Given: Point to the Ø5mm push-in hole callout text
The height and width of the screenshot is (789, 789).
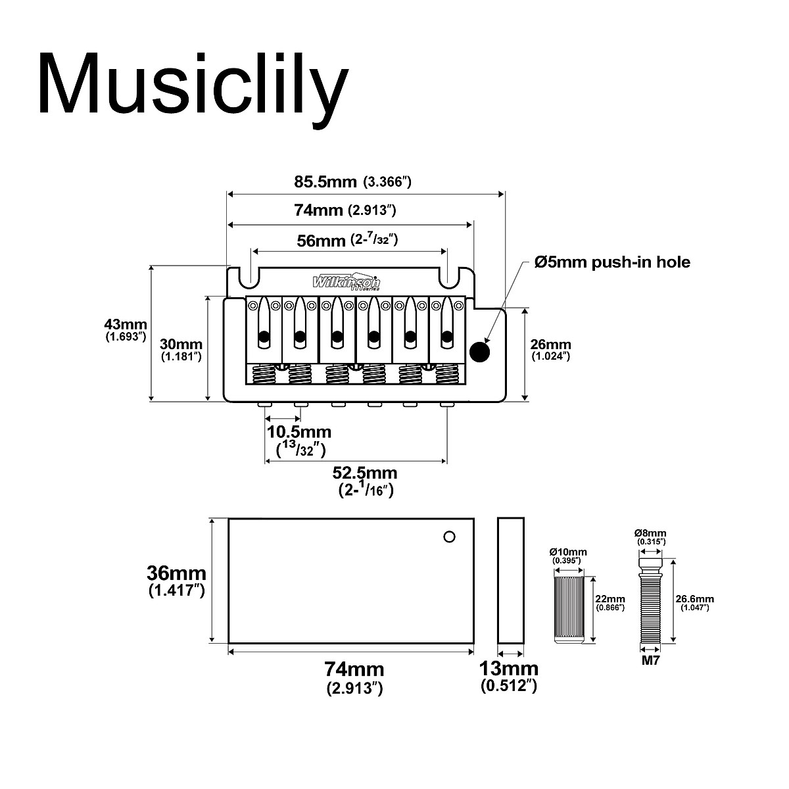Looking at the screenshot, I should click(x=612, y=262).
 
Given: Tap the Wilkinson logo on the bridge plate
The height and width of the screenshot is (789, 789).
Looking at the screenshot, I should click(x=346, y=281).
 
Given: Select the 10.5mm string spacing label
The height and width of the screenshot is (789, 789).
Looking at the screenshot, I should click(x=299, y=432).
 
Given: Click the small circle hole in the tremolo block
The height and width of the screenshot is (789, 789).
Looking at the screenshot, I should click(x=449, y=537).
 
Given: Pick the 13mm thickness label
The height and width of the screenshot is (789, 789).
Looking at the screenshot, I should click(x=509, y=669).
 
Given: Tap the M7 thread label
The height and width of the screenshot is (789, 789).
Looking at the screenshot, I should click(x=650, y=661).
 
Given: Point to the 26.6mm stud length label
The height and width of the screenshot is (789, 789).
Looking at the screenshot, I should click(x=695, y=600).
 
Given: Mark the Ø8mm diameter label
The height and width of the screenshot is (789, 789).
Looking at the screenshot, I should click(x=650, y=533).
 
